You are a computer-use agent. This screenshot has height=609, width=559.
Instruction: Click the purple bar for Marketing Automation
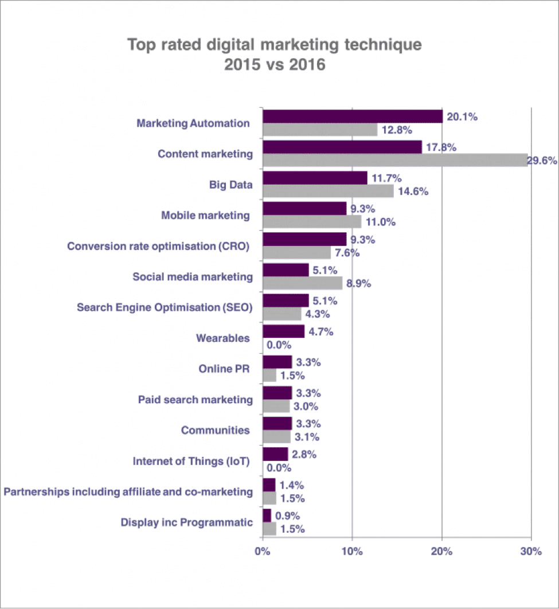pos(353,116)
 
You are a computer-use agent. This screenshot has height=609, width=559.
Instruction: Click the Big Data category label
pos(231,185)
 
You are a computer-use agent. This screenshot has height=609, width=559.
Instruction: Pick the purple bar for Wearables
pos(283,331)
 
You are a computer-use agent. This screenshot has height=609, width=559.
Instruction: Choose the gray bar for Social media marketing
pos(302,283)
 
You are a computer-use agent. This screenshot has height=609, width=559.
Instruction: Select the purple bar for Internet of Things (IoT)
pos(275,454)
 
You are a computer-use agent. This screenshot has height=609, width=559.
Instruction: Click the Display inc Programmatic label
pos(186,522)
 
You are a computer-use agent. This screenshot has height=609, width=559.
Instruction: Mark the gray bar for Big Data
pos(328,192)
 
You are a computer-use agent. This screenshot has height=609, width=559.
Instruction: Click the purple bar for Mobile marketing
pos(304,209)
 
